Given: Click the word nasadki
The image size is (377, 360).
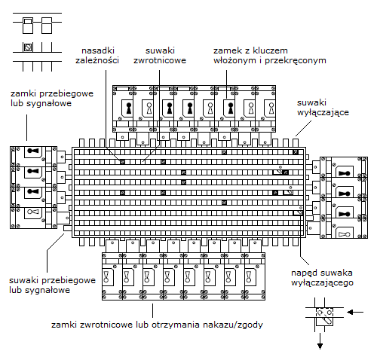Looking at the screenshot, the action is pos(98,50).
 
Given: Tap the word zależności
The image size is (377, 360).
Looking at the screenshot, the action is pos(97,60).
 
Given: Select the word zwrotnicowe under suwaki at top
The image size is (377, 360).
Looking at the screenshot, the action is pos(160,60).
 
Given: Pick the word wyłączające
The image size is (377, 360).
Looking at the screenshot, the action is pos(323,112).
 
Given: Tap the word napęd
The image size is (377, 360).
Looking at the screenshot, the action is pos(302,273).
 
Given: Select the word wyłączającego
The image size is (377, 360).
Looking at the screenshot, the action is pos(322,283).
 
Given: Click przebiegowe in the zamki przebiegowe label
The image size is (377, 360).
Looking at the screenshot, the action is pos(66,94).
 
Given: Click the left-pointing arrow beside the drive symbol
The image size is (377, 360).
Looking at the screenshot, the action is pos(355,313).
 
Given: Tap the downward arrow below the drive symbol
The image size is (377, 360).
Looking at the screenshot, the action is pos(320,341).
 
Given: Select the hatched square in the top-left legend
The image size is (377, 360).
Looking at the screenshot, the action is pos(28,47).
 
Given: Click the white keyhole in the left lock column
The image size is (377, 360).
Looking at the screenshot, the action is pos(33,212).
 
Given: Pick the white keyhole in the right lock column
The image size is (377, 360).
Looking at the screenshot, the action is pos(344,235).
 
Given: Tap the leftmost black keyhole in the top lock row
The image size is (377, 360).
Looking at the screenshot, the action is pos(129,108).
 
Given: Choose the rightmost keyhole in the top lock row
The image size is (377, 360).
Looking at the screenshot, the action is pos(271,108).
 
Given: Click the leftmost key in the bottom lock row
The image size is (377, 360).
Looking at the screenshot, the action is pos(106,276).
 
